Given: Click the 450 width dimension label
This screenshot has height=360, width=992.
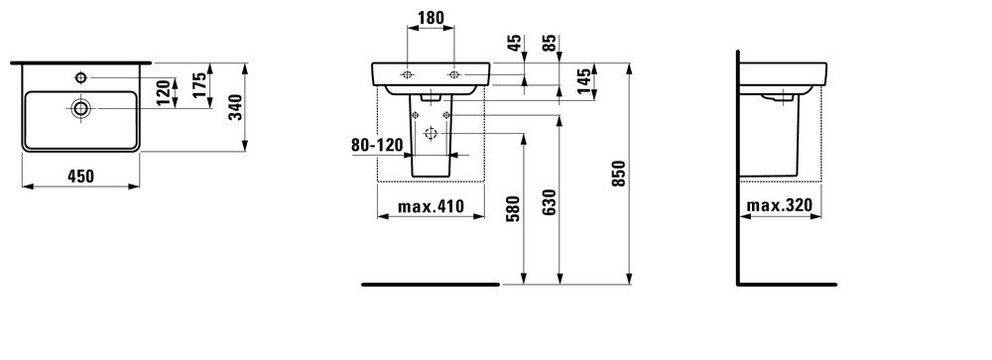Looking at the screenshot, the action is [80, 176].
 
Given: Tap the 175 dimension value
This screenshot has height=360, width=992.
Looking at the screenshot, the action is [199, 84].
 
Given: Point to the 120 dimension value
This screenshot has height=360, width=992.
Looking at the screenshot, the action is [164, 92].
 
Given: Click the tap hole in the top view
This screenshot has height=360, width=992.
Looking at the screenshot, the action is [81, 77].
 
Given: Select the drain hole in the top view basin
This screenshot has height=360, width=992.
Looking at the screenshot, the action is [81, 108].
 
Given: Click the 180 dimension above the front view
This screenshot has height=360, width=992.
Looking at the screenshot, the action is [431, 18].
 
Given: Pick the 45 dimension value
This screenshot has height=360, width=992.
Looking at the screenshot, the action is [515, 43].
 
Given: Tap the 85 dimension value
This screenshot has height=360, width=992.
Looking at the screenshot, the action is [551, 43].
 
